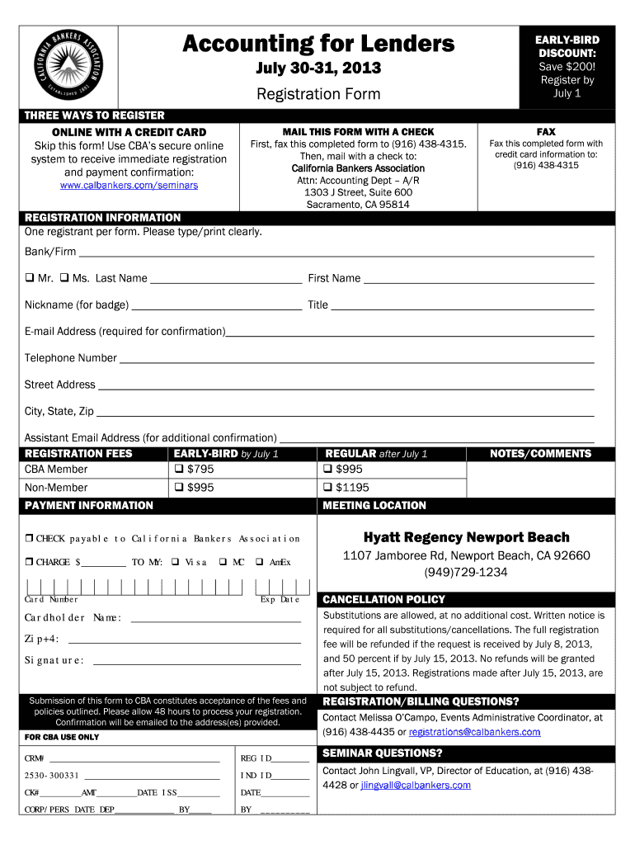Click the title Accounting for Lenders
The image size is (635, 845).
tap(318, 43)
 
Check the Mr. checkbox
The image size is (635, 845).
tap(30, 278)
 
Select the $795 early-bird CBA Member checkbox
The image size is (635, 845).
tap(178, 470)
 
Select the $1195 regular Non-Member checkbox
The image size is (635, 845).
tap(327, 488)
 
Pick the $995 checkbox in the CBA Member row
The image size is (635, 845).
tap(327, 470)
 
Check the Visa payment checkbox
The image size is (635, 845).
tap(175, 562)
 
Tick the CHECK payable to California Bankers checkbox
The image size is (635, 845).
tap(29, 539)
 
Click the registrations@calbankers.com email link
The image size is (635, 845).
tap(474, 732)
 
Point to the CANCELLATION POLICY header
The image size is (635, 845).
tap(383, 599)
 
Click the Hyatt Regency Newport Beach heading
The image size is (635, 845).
tap(466, 537)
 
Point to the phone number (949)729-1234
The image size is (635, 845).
tap(466, 573)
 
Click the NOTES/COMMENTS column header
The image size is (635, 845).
tap(540, 454)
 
